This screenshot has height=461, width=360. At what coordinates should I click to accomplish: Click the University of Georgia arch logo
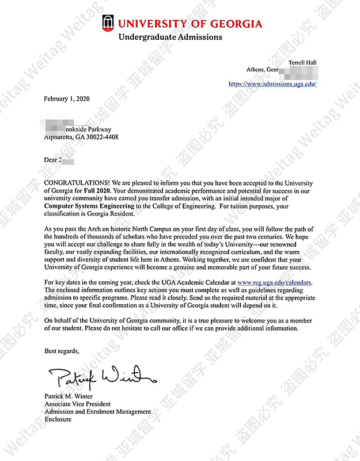pyautogui.click(x=107, y=23)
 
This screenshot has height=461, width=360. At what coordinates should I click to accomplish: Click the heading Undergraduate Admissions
pyautogui.click(x=170, y=37)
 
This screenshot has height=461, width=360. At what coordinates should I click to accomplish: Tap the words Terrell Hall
pyautogui.click(x=302, y=63)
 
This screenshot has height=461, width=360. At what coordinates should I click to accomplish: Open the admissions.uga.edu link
pyautogui.click(x=272, y=84)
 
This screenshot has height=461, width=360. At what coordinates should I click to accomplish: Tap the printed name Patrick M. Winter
pyautogui.click(x=71, y=396)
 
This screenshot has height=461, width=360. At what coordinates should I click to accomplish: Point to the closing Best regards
pyautogui.click(x=62, y=350)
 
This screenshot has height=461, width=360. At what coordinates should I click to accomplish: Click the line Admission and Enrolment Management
pyautogui.click(x=97, y=411)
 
